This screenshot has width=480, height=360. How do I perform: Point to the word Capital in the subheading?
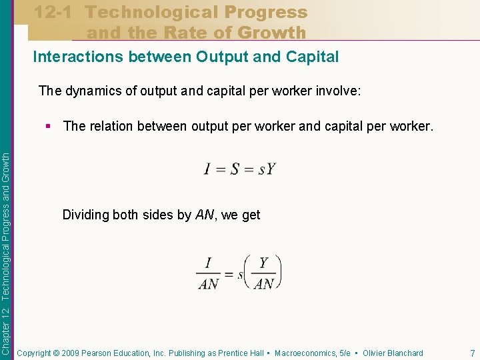pyautogui.click(x=313, y=57)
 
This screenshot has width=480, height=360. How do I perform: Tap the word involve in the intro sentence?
pyautogui.click(x=338, y=90)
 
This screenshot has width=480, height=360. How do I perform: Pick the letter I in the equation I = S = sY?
pyautogui.click(x=207, y=169)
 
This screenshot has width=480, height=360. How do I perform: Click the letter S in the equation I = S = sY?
pyautogui.click(x=235, y=169)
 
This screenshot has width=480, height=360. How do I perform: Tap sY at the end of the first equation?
pyautogui.click(x=267, y=169)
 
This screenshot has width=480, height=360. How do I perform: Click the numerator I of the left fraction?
pyautogui.click(x=209, y=263)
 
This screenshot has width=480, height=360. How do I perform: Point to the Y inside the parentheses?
pyautogui.click(x=264, y=263)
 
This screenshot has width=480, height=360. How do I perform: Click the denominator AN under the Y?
pyautogui.click(x=264, y=283)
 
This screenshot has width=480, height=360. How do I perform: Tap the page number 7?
pyautogui.click(x=472, y=353)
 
